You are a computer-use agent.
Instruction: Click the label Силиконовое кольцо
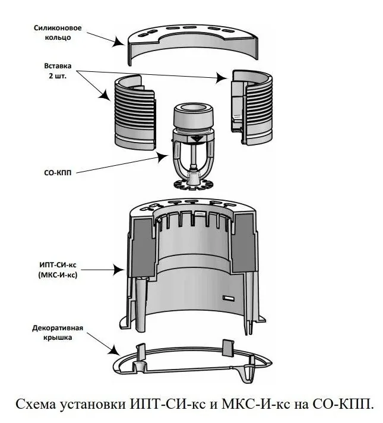(x=58, y=33)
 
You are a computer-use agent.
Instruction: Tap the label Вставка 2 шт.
(x=58, y=71)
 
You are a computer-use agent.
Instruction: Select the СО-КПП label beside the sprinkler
(x=58, y=173)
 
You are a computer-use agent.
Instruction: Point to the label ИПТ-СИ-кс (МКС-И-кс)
(x=58, y=270)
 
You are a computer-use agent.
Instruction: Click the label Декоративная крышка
(x=58, y=333)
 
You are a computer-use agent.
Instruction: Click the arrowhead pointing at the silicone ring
(x=118, y=42)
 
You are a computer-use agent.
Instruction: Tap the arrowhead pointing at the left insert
(x=105, y=95)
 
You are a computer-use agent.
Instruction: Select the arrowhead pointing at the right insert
(x=223, y=78)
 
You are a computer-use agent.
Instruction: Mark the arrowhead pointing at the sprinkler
(x=163, y=157)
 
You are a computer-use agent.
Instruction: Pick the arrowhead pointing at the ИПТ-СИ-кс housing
(x=119, y=270)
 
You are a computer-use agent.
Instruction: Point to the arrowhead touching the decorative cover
(x=115, y=350)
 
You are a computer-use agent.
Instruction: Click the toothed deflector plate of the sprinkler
(x=194, y=184)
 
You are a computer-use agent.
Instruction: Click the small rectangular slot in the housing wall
(x=229, y=298)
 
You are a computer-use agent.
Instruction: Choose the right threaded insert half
(x=251, y=108)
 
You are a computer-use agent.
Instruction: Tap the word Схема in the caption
(x=36, y=405)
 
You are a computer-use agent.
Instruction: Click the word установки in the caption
(x=93, y=405)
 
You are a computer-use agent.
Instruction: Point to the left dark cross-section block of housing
(x=143, y=248)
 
